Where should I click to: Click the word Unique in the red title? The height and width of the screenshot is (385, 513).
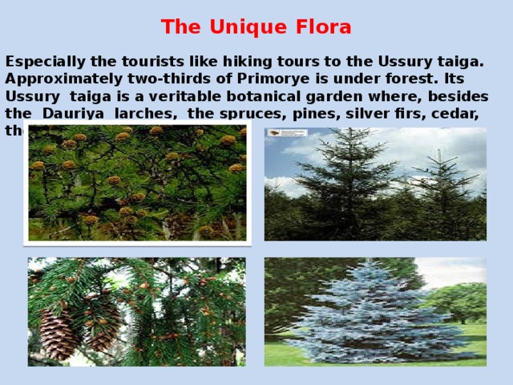point(238,27)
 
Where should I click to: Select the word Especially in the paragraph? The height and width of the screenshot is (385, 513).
point(44,62)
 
